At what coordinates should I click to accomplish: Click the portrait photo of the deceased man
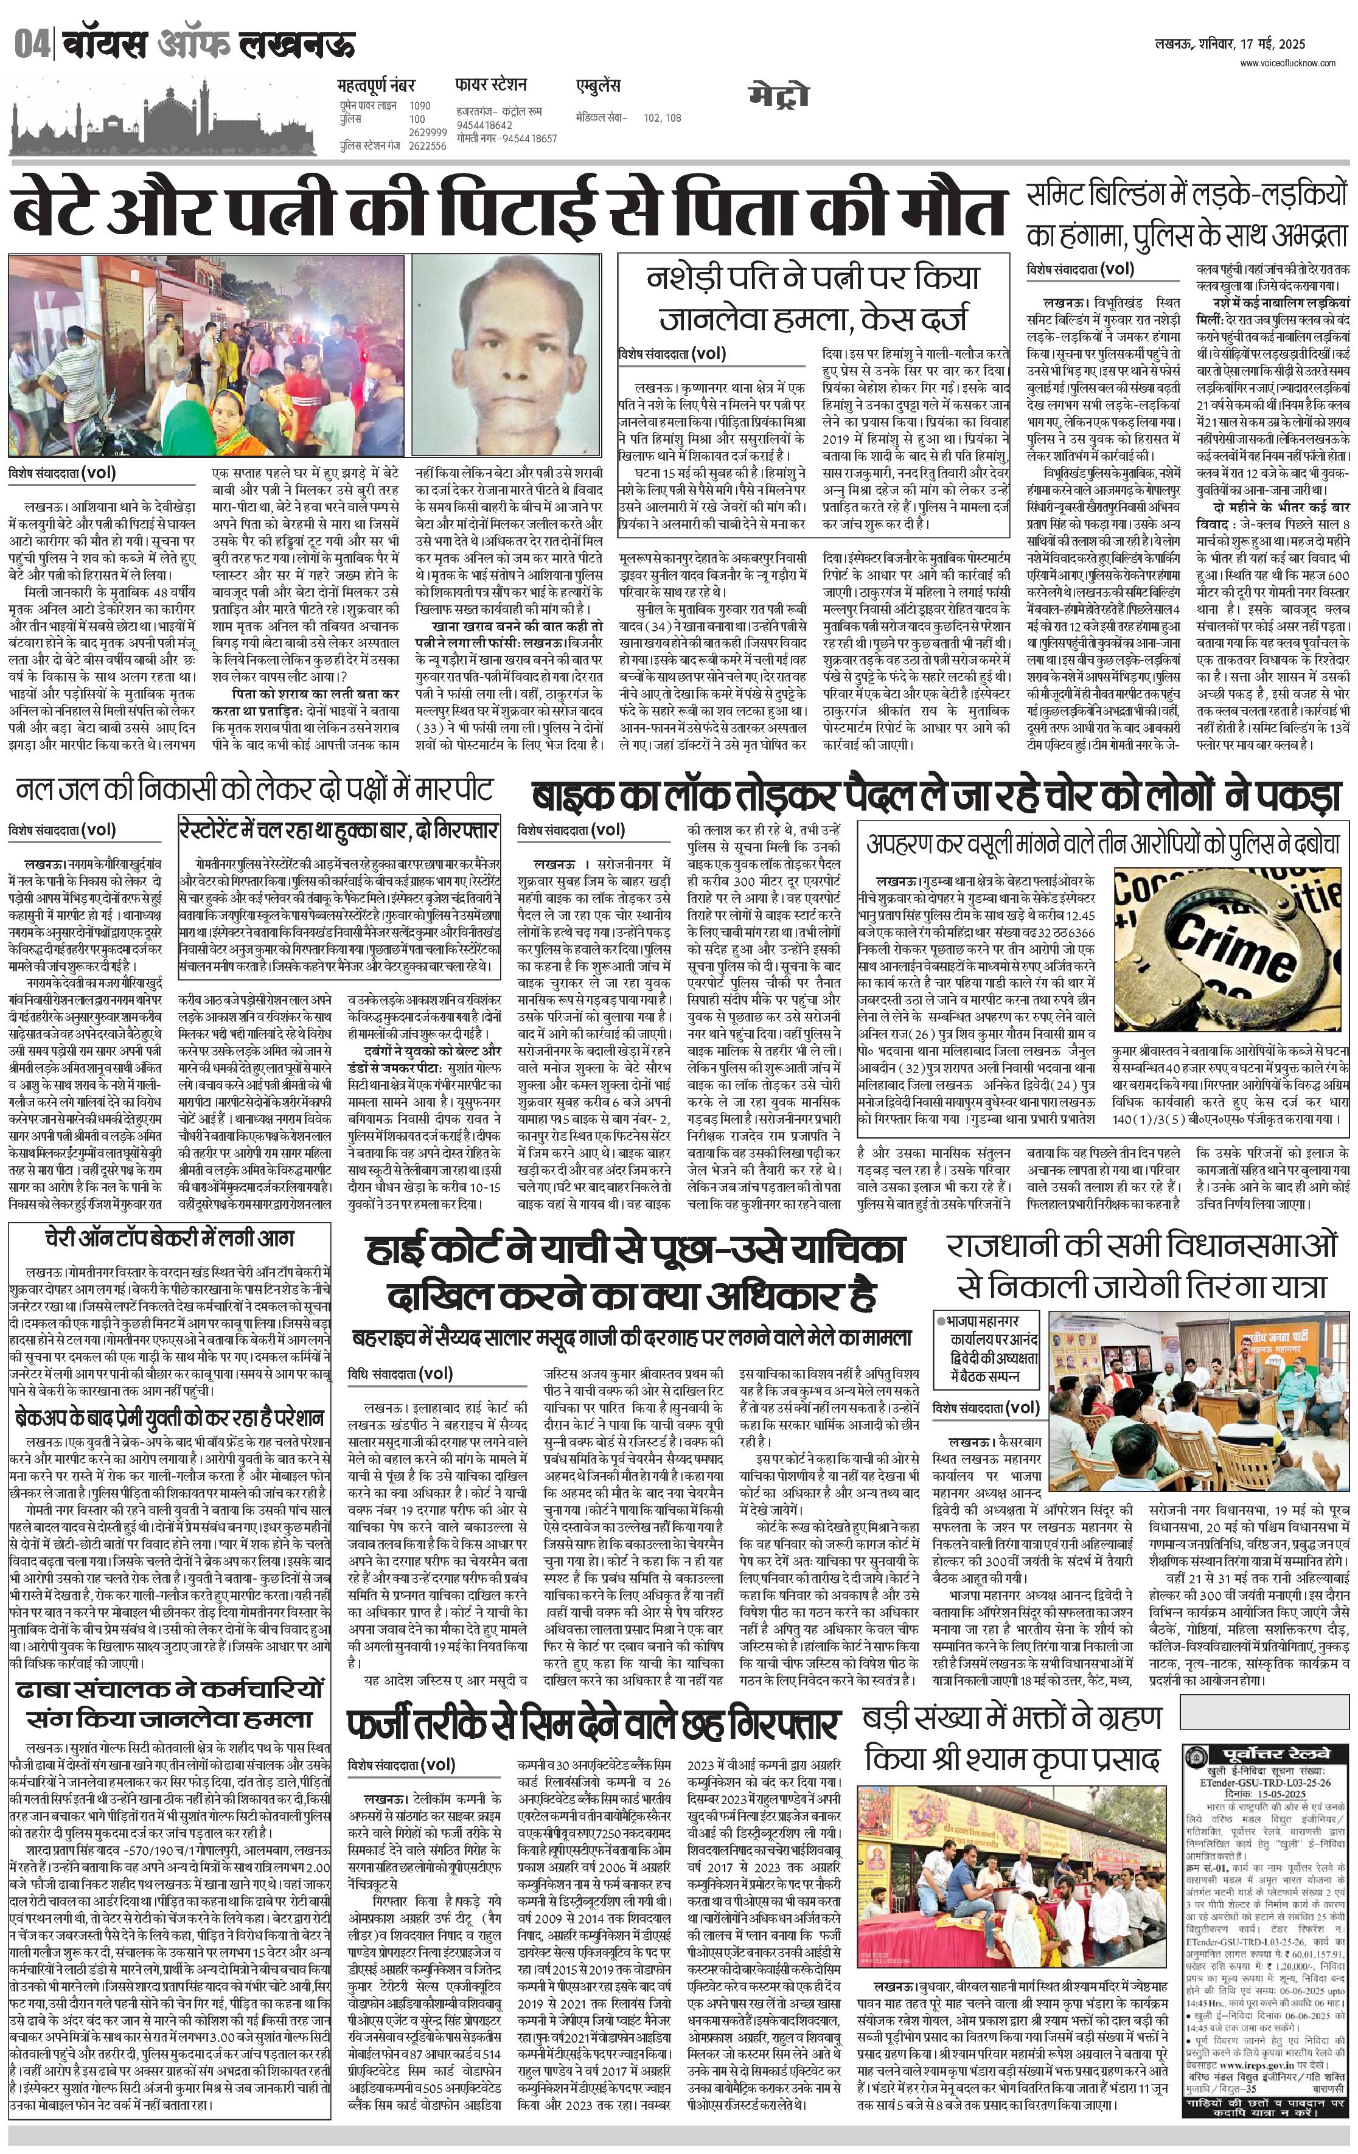(x=506, y=356)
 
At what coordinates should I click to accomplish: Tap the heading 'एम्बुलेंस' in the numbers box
(x=597, y=87)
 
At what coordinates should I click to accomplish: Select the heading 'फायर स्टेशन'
(x=490, y=86)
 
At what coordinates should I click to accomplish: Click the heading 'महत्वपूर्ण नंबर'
(x=377, y=87)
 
